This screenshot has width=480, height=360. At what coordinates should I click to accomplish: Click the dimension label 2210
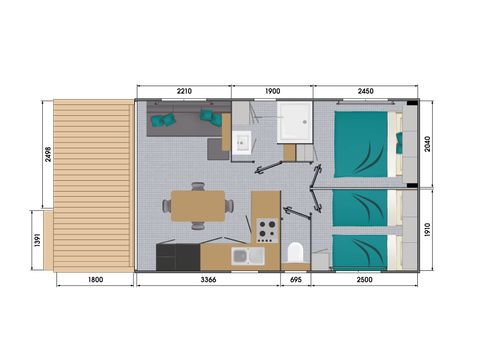click(182, 92)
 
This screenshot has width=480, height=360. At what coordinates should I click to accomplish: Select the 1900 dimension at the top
click(271, 92)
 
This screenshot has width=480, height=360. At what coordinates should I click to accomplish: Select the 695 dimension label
click(295, 280)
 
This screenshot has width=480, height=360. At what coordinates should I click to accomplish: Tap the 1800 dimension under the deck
click(94, 280)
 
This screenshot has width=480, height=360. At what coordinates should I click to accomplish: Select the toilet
click(294, 252)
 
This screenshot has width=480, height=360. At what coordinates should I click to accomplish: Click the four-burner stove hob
click(266, 231)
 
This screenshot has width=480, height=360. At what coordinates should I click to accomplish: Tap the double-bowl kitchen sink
click(247, 257)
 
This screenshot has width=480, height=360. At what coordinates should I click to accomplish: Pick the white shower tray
click(294, 122)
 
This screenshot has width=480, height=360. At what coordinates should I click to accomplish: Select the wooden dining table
click(198, 206)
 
